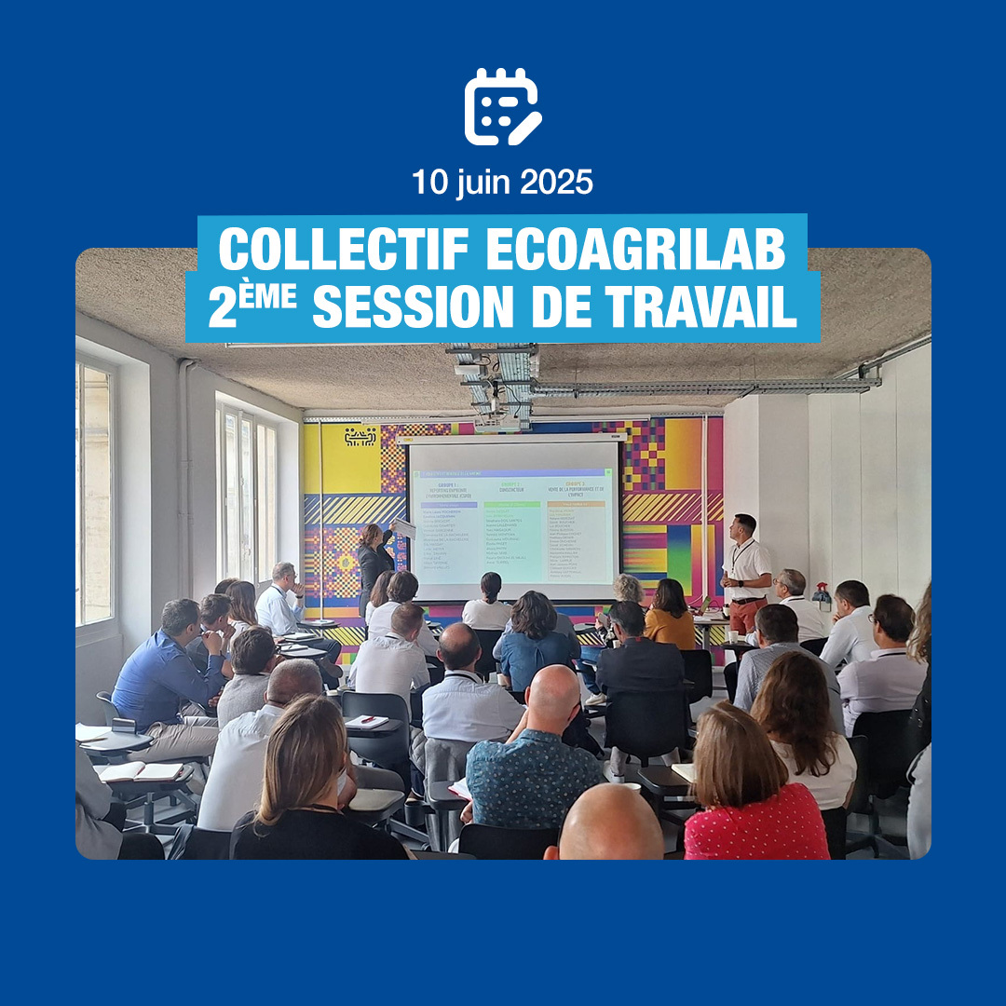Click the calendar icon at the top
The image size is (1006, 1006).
tap(502, 107)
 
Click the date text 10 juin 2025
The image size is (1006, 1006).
tap(502, 182)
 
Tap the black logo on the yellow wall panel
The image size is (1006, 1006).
tap(360, 436)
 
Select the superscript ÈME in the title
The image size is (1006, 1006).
tap(277, 296)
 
